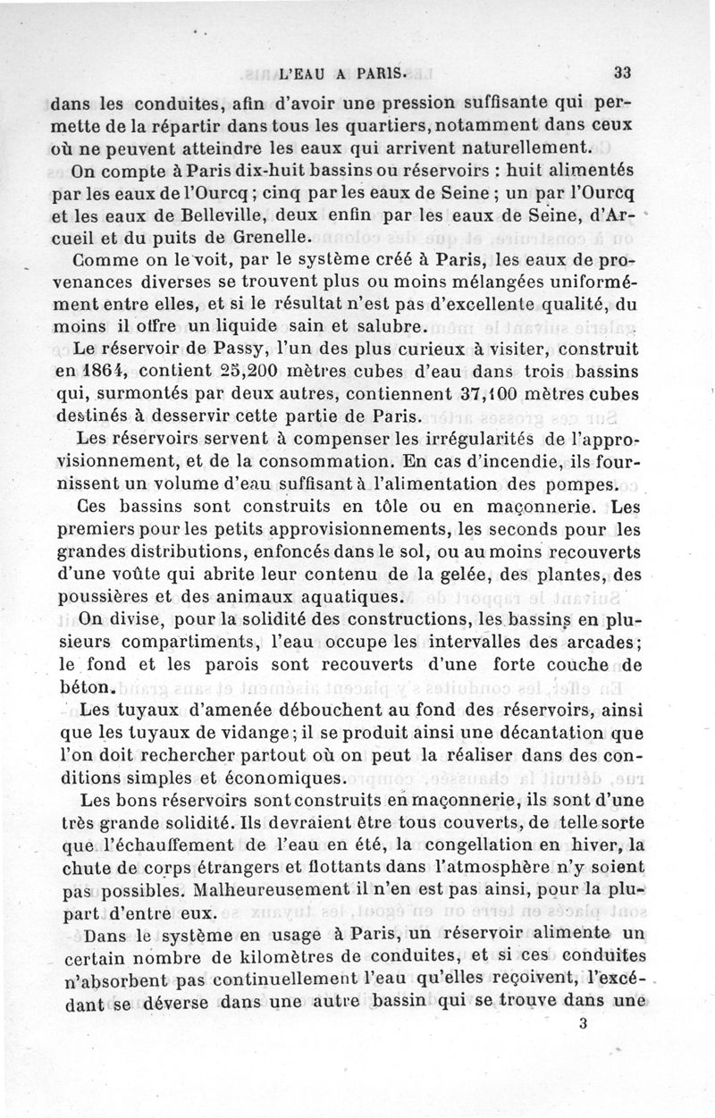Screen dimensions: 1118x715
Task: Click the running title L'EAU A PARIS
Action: [344, 73]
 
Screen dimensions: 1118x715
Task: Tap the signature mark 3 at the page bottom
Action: [582, 1051]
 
